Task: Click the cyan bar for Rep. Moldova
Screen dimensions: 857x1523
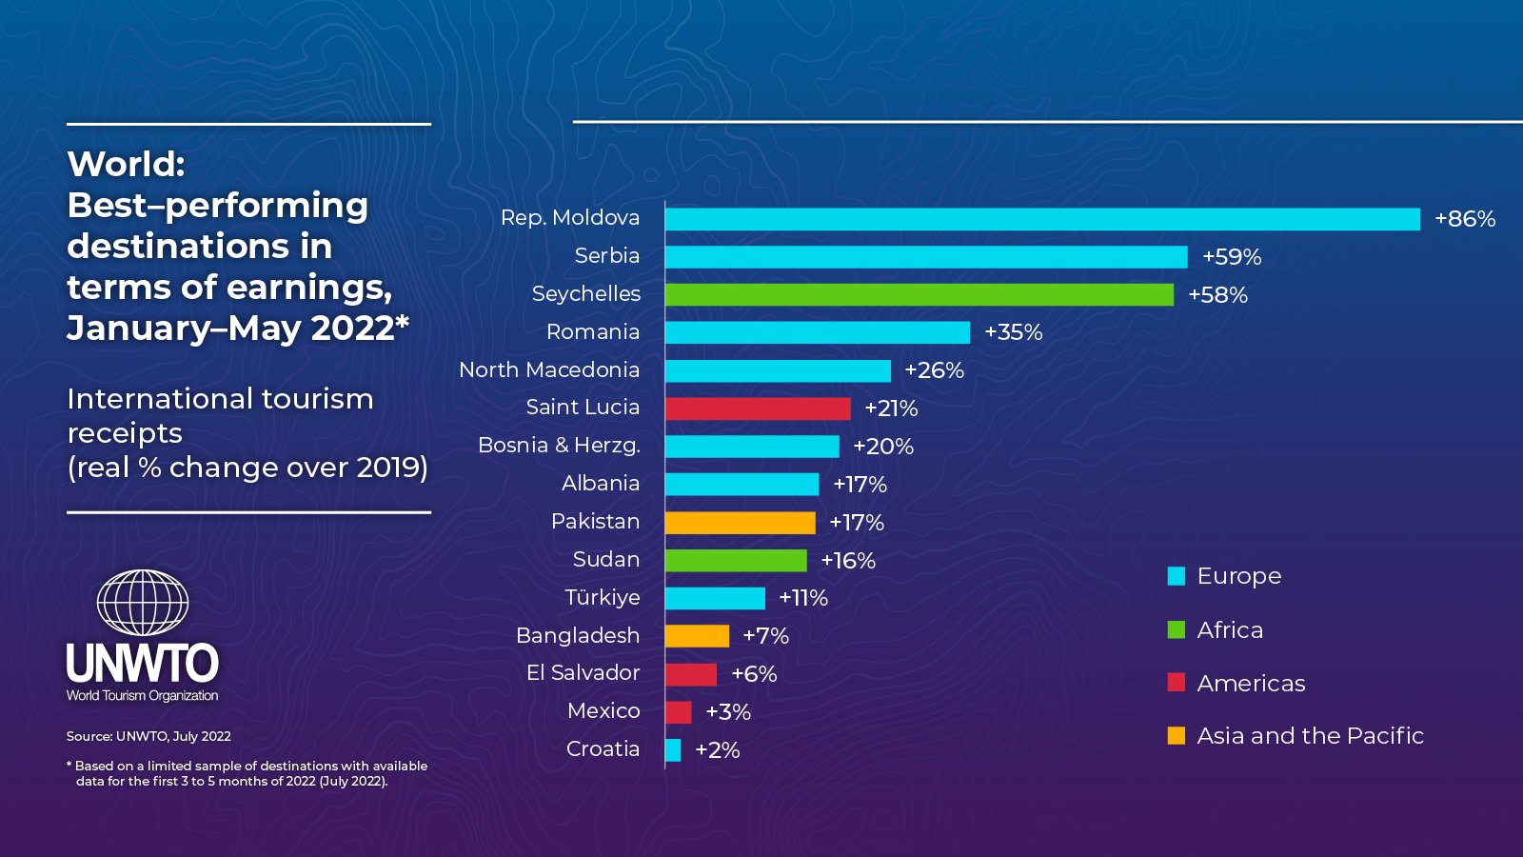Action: (1042, 219)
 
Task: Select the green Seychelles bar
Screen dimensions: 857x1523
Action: (920, 295)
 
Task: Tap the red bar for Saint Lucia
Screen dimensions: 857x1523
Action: (758, 409)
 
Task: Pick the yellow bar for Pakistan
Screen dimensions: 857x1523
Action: (740, 523)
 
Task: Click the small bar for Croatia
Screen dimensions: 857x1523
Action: (673, 750)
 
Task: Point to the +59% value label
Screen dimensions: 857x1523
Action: (1232, 257)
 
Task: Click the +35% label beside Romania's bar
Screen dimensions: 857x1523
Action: (1014, 332)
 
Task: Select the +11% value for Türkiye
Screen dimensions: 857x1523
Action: (803, 598)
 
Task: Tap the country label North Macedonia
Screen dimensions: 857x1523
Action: (549, 369)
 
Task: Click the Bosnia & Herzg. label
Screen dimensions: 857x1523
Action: (559, 446)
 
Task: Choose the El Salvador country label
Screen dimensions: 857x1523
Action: (583, 673)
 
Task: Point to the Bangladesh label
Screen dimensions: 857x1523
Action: (578, 635)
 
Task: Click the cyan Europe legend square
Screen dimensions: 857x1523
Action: (1177, 576)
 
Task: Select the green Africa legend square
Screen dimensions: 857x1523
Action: (1177, 629)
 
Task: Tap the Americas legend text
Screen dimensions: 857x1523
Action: (1251, 684)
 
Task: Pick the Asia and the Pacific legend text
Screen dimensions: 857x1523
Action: (1310, 736)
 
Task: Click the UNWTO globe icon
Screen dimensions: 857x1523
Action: (143, 603)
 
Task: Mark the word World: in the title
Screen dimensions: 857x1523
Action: (127, 164)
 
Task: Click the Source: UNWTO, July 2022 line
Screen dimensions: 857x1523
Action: (148, 736)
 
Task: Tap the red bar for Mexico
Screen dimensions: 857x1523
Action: (679, 712)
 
